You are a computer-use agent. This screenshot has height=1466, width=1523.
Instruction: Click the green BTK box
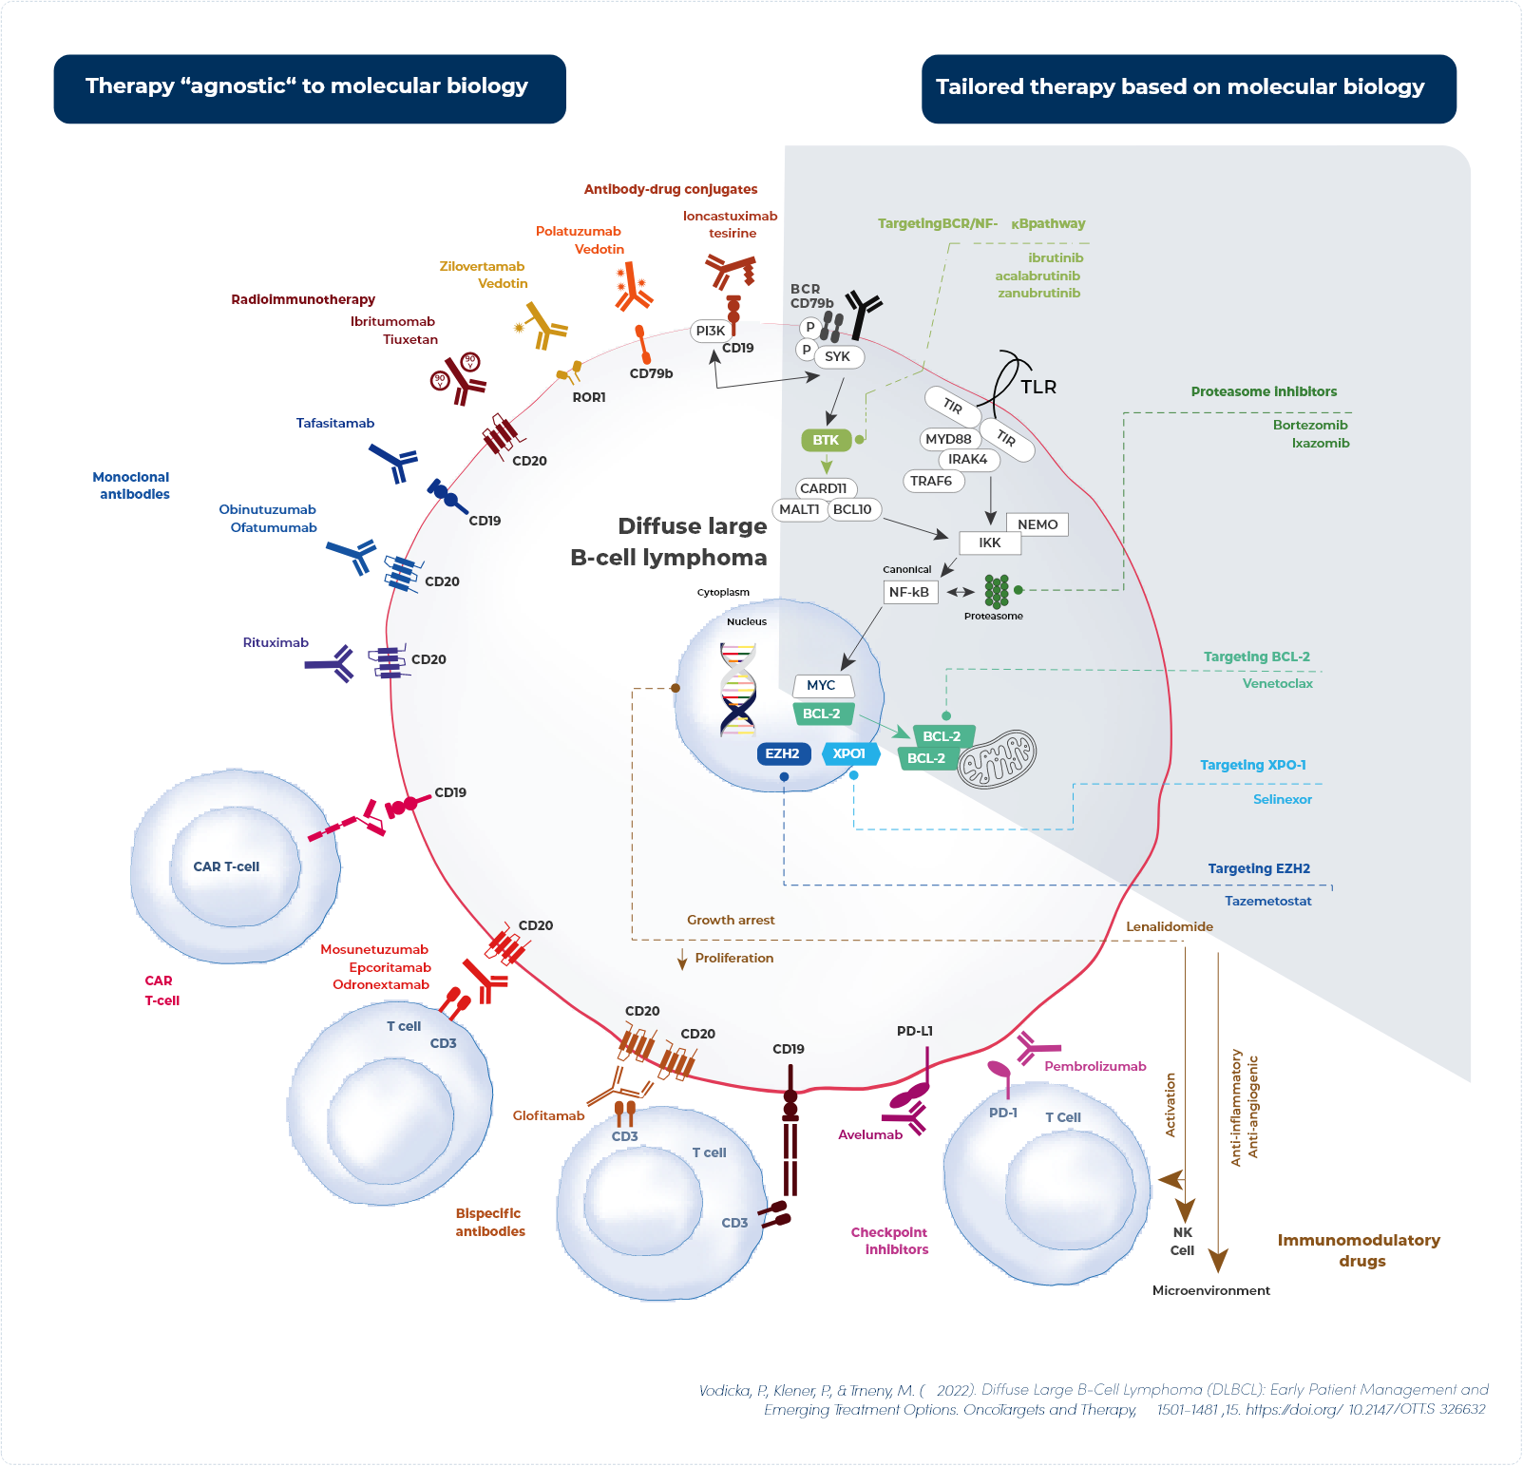[825, 440]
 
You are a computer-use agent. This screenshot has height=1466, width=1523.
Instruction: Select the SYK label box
[837, 356]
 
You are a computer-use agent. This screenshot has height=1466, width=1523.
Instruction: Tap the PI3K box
[710, 331]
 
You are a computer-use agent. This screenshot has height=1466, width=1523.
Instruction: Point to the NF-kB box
[908, 592]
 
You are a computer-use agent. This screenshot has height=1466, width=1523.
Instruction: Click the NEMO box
[1037, 524]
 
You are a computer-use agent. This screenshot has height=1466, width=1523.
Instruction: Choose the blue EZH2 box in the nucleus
[782, 753]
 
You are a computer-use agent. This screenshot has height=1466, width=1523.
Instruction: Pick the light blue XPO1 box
[848, 753]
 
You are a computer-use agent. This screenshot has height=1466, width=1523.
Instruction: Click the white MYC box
[821, 685]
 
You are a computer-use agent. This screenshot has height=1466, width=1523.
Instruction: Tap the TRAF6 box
[931, 481]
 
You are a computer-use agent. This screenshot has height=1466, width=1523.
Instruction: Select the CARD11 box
[823, 488]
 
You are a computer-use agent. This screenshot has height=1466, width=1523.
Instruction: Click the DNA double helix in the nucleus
[737, 689]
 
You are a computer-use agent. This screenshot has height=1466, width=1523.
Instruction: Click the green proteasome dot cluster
[996, 591]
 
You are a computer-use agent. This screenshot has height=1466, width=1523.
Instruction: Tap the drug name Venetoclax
[1277, 683]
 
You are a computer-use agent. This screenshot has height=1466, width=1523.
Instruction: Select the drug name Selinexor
[1282, 799]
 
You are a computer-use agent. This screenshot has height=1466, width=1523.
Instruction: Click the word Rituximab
[276, 642]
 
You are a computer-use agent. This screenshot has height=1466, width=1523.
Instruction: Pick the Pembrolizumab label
[1095, 1066]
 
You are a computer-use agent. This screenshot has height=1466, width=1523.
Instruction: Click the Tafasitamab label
[335, 423]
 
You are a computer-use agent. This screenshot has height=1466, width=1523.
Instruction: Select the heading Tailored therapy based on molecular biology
[1180, 87]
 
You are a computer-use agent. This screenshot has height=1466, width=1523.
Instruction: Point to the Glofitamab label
[548, 1115]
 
